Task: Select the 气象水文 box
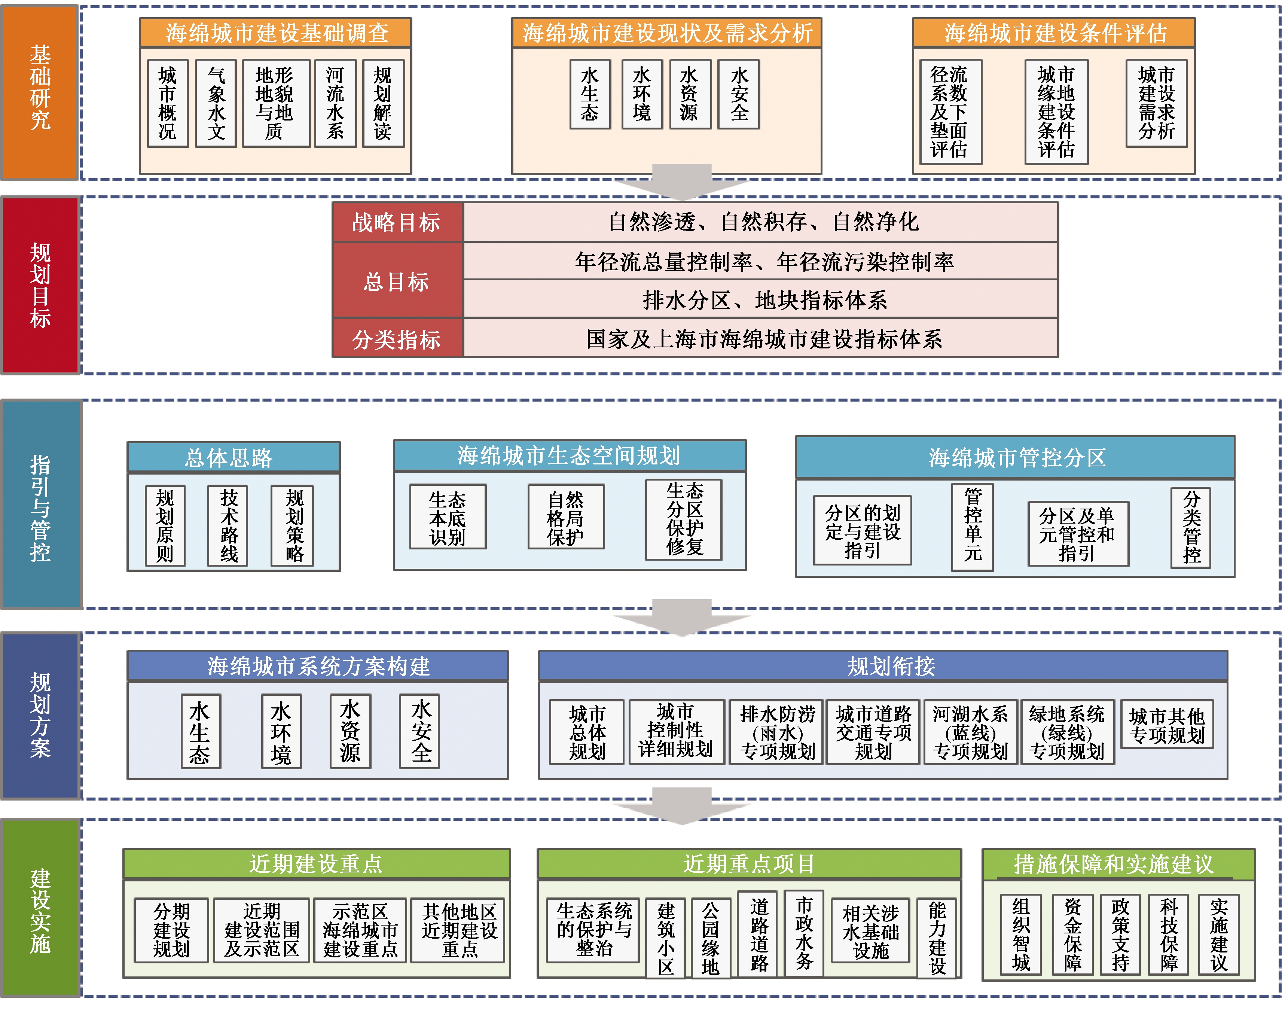(216, 103)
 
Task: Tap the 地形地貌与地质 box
(275, 103)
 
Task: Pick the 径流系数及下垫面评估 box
(950, 112)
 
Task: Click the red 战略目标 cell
(397, 222)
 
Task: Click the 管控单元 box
(972, 526)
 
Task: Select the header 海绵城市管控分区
(1014, 457)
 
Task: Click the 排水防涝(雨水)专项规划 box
(776, 732)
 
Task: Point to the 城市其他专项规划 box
(1167, 725)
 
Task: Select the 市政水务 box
(804, 933)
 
